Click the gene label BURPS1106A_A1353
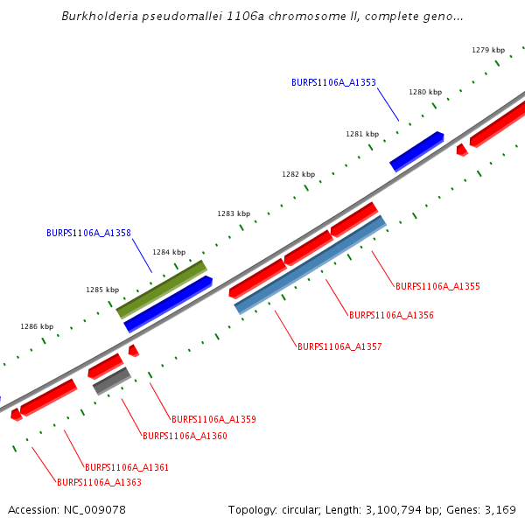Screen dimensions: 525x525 pyautogui.click(x=333, y=82)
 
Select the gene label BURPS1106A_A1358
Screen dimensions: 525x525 pyautogui.click(x=88, y=233)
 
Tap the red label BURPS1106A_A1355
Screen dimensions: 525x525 pyautogui.click(x=437, y=286)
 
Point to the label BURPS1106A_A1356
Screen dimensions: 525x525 pyautogui.click(x=391, y=315)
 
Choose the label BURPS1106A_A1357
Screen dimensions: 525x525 pyautogui.click(x=339, y=346)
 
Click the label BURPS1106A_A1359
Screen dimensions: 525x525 pyautogui.click(x=213, y=419)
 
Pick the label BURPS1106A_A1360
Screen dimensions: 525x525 pyautogui.click(x=185, y=436)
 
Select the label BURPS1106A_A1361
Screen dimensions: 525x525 pyautogui.click(x=127, y=467)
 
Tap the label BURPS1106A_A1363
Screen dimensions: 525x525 pyautogui.click(x=99, y=482)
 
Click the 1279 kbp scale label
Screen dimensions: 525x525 pyautogui.click(x=488, y=50)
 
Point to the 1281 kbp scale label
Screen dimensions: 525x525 pyautogui.click(x=362, y=134)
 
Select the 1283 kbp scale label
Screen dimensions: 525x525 pyautogui.click(x=234, y=213)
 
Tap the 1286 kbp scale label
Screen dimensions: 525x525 pyautogui.click(x=37, y=326)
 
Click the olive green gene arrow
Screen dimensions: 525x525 pyautogui.click(x=162, y=288)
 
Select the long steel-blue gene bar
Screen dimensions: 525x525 pyautogui.click(x=311, y=264)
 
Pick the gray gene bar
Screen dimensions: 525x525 pyautogui.click(x=112, y=381)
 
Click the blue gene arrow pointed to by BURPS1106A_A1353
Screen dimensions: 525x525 pyautogui.click(x=416, y=150)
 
